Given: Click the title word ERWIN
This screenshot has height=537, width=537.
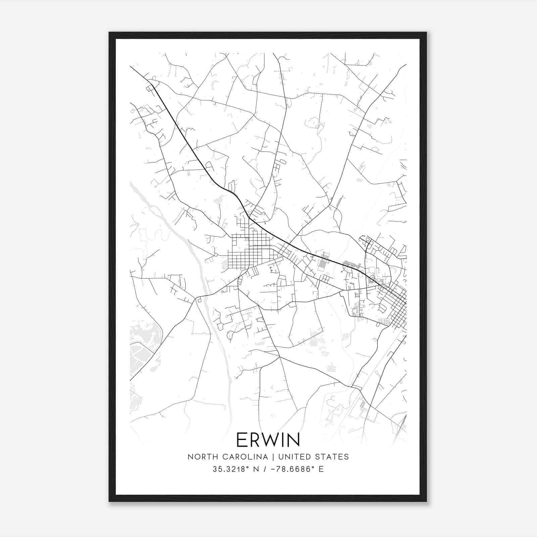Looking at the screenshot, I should click(268, 440).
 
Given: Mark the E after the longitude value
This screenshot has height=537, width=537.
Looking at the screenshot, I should click(321, 469).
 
